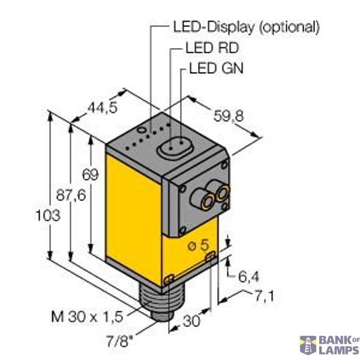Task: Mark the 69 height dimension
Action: tap(89, 175)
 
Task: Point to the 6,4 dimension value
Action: tap(248, 278)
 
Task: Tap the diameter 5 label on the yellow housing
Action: tap(199, 245)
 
